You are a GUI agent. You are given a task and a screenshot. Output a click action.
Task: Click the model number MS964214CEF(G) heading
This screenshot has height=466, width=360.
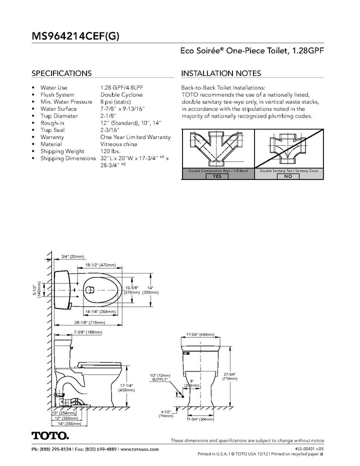tap(75, 36)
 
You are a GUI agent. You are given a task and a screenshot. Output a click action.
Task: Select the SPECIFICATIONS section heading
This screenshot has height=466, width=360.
tap(61, 73)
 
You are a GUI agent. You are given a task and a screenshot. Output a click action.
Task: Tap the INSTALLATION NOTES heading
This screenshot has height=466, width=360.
tap(221, 73)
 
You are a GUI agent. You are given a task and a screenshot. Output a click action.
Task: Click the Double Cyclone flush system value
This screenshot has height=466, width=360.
tap(121, 95)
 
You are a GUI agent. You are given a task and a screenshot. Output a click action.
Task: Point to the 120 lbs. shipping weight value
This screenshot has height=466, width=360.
tap(110, 151)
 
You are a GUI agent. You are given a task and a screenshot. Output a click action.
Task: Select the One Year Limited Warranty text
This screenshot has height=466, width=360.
tap(135, 137)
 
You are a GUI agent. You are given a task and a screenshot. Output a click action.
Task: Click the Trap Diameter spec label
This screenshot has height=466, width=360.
tap(59, 116)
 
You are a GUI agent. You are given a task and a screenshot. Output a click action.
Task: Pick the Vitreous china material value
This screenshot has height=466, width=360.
tap(118, 144)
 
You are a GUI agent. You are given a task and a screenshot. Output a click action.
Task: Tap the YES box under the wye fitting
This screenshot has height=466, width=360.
tap(217, 176)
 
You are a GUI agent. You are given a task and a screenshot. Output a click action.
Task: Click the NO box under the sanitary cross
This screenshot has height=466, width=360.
tap(288, 176)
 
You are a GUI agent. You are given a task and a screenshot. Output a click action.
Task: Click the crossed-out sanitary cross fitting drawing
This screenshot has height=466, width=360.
tap(288, 148)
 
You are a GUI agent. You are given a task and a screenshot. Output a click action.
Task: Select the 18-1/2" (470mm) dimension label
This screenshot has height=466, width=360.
tap(100, 265)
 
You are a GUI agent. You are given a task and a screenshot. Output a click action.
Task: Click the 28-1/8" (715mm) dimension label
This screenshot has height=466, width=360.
tap(89, 322)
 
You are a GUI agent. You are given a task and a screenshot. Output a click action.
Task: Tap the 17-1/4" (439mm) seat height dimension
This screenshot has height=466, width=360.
tap(126, 388)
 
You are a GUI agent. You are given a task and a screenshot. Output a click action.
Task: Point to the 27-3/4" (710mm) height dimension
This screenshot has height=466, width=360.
tap(230, 376)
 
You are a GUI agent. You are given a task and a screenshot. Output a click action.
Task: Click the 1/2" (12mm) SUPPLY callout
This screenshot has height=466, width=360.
tap(160, 377)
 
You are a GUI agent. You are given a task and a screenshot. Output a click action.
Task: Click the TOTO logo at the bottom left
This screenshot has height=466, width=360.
tap(50, 435)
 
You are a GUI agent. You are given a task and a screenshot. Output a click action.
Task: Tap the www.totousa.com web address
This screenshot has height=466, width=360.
tap(139, 449)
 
